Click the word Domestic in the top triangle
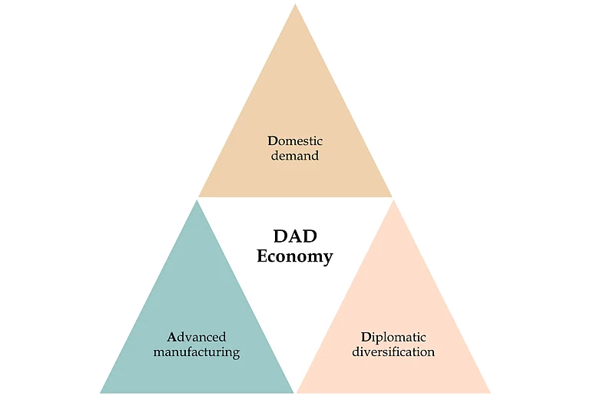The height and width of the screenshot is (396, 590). (x=295, y=141)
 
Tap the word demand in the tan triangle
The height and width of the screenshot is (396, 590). (x=295, y=156)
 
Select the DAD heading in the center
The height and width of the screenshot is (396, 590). (x=295, y=236)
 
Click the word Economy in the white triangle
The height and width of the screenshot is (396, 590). (x=295, y=256)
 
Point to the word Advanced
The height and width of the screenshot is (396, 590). (x=197, y=337)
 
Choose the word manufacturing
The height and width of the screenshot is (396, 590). (x=197, y=352)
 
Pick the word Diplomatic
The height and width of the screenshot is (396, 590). (x=393, y=337)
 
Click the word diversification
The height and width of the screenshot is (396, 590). (x=393, y=352)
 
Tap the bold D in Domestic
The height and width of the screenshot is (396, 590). (x=272, y=141)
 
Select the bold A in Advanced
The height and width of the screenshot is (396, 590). (x=172, y=337)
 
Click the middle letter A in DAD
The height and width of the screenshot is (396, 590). (x=295, y=236)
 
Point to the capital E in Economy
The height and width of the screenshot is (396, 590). (x=262, y=256)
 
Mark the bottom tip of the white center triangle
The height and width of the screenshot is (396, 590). (x=295, y=391)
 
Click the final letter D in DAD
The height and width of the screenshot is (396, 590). (x=309, y=236)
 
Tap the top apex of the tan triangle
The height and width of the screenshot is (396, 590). (x=295, y=5)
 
